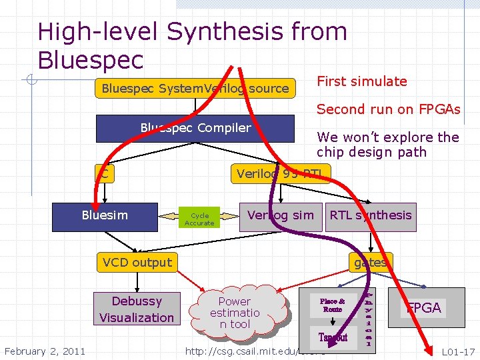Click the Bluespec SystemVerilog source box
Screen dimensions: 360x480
tap(195, 89)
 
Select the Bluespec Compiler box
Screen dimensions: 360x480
tap(195, 129)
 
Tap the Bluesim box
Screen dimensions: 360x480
tap(105, 216)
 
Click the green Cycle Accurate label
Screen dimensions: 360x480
tap(199, 219)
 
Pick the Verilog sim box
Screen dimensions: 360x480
tap(281, 216)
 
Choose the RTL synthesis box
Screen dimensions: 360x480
tap(371, 216)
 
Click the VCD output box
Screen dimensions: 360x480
tap(137, 263)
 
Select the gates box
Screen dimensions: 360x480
tap(371, 263)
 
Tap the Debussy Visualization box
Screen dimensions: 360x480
tap(137, 309)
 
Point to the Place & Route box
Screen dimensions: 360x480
tap(332, 305)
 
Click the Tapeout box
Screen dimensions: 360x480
tap(333, 337)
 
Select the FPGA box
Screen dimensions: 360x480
tap(424, 307)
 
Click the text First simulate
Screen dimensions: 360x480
tap(361, 81)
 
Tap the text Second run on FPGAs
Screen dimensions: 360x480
tap(388, 109)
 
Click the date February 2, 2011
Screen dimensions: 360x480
tap(45, 351)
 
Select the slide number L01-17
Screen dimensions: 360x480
tap(458, 351)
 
